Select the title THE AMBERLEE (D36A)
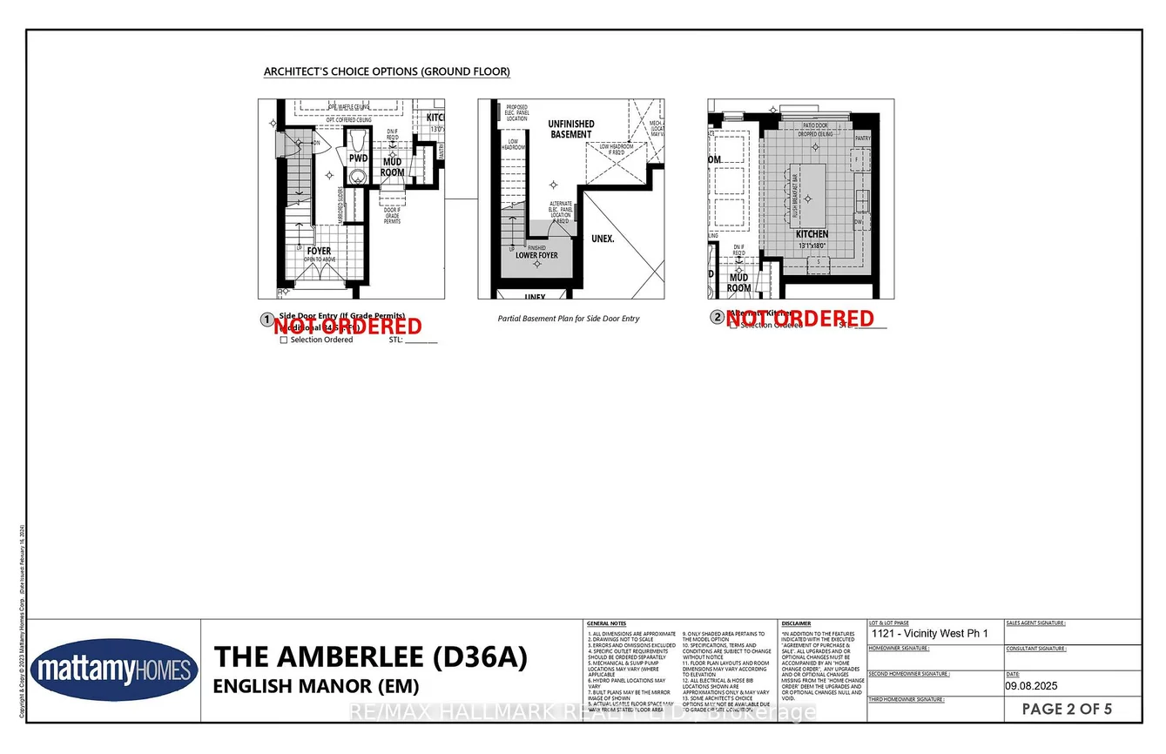pos(370,657)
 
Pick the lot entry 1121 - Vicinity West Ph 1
pos(929,634)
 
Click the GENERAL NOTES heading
pos(606,623)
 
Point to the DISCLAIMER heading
pos(796,623)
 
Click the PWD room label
pos(358,159)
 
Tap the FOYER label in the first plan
pos(319,252)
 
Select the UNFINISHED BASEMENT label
pos(570,129)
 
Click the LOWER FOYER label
pos(536,255)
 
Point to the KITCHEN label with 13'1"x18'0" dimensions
pos(812,235)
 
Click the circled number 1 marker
pos(267,320)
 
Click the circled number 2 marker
pos(717,318)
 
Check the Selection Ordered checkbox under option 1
pos(284,340)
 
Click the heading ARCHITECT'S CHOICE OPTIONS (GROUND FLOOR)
pos(387,71)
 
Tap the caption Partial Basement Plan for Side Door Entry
pos(568,319)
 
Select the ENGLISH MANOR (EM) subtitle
pos(316,685)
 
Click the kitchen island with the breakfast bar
pos(810,196)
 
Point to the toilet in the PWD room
pos(356,177)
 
